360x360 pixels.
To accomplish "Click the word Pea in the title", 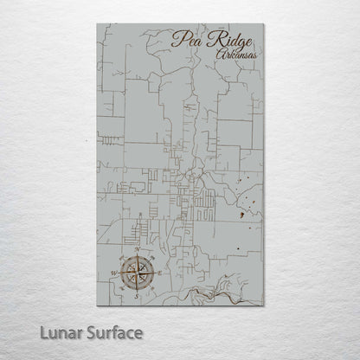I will pos(184,38).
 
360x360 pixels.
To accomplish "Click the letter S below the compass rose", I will pos(138,295).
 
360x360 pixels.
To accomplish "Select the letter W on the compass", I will pos(113,273).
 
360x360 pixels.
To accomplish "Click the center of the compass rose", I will pos(138,272).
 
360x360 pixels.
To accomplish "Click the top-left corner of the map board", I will pos(98,24).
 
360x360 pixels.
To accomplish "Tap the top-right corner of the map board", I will pos(262,24).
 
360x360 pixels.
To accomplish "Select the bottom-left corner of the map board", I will pos(98,305).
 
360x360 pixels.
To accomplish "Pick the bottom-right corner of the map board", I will pos(262,305).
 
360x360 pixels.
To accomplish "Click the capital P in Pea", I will pos(177,37).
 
